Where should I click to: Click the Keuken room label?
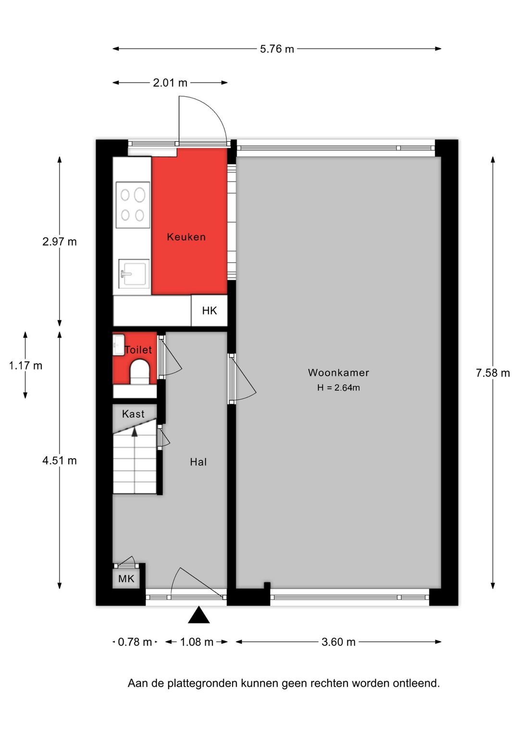click(x=186, y=237)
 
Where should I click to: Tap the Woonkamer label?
click(x=338, y=373)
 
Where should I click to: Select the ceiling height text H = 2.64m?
click(x=338, y=388)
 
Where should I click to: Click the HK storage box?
click(x=209, y=311)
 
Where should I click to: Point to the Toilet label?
click(x=138, y=350)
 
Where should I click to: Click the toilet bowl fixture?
click(x=139, y=372)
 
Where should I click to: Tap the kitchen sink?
click(x=134, y=273)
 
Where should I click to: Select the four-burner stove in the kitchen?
click(x=133, y=204)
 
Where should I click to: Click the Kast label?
click(x=133, y=414)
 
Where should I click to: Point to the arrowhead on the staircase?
click(x=135, y=431)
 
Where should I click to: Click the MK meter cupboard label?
click(x=126, y=579)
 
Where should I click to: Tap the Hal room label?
click(x=198, y=462)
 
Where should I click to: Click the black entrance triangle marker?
click(x=198, y=615)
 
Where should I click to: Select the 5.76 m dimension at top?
click(x=277, y=49)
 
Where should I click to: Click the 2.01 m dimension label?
click(x=170, y=83)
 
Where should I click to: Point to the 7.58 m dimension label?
click(x=493, y=373)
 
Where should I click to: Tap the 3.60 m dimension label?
click(x=338, y=642)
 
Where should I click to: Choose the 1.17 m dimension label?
click(x=25, y=366)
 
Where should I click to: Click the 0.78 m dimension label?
click(x=135, y=642)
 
